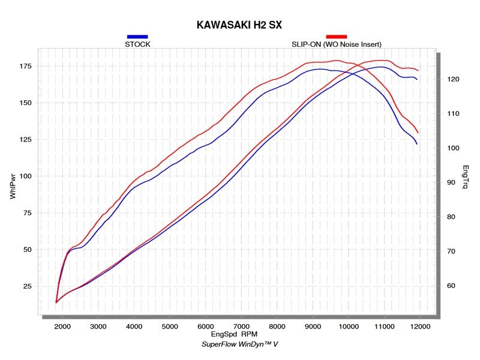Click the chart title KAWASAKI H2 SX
(x=239, y=25)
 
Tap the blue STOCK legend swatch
(x=137, y=37)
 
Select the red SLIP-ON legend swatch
(x=336, y=37)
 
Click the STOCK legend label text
(x=137, y=44)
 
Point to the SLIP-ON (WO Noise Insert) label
(x=336, y=44)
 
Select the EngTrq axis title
(x=466, y=178)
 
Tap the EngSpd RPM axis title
(x=239, y=334)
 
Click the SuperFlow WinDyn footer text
(x=239, y=345)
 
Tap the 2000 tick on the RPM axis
(x=63, y=326)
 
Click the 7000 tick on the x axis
(x=241, y=326)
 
